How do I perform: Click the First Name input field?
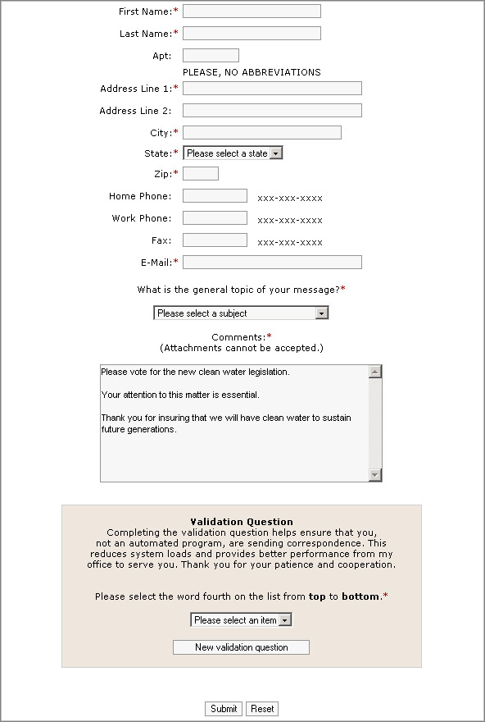pos(252,11)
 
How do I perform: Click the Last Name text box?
pos(252,34)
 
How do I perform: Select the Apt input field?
pos(211,56)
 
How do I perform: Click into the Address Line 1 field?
pos(272,89)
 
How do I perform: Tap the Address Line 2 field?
pos(272,111)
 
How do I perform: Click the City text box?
pos(261,133)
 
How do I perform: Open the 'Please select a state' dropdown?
pos(233,153)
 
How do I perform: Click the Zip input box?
pos(201,174)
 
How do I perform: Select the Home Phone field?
pos(215,196)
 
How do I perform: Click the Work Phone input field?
pos(215,218)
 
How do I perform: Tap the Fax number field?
pos(215,240)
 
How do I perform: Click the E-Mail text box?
pos(272,263)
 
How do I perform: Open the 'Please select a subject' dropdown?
pos(241,313)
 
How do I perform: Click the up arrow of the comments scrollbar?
pos(375,372)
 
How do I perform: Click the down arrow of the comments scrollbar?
pos(375,475)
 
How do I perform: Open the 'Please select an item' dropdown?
pos(241,620)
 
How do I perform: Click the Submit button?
pos(224,709)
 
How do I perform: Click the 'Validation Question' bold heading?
pos(241,522)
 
